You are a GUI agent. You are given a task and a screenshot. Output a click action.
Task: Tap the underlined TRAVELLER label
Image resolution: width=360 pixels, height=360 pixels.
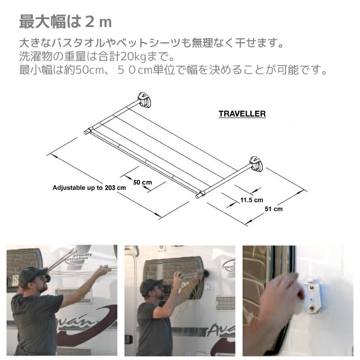pos(242,114)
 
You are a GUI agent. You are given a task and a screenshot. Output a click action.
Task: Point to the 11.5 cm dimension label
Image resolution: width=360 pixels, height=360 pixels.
pos(252,200)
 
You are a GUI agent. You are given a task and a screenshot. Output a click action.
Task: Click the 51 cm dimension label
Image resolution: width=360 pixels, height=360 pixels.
pos(274,209)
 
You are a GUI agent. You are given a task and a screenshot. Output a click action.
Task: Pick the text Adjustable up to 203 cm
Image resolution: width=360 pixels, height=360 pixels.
pos(89,188)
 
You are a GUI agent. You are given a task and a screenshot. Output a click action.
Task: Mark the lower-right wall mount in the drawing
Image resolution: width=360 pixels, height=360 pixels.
pos(254,162)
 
